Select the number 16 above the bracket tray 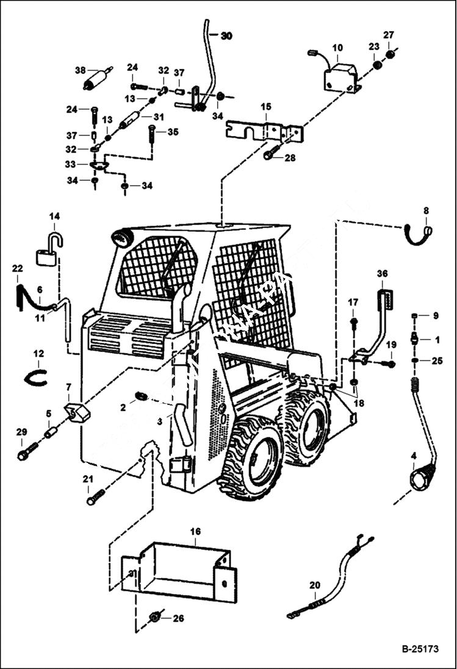coord(195,532)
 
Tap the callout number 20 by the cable coord(314,585)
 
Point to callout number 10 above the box coord(337,48)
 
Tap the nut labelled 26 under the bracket coord(155,618)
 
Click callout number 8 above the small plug coord(426,211)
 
